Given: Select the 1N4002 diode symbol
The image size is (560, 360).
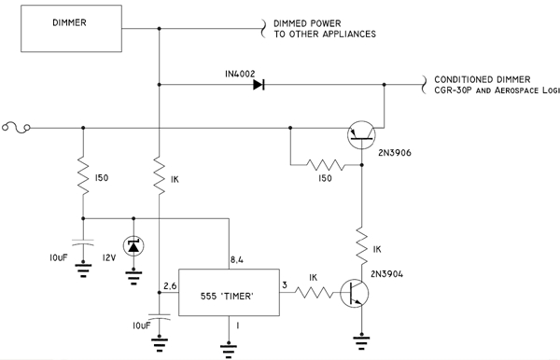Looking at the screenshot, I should click(x=258, y=86).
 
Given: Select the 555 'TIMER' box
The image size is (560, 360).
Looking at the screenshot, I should click(x=228, y=295).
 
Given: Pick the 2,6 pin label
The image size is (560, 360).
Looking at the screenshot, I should click(x=168, y=285).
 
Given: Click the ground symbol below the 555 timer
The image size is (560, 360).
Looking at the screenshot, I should click(x=228, y=350).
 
